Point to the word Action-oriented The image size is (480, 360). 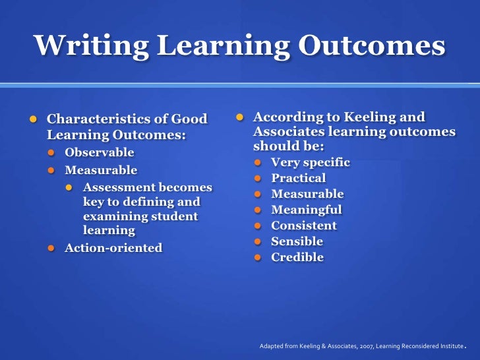[113, 248]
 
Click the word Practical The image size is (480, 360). [299, 178]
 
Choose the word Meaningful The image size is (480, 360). [307, 210]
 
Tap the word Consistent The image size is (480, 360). [304, 225]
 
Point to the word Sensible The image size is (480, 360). [297, 241]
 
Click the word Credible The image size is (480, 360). [297, 257]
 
